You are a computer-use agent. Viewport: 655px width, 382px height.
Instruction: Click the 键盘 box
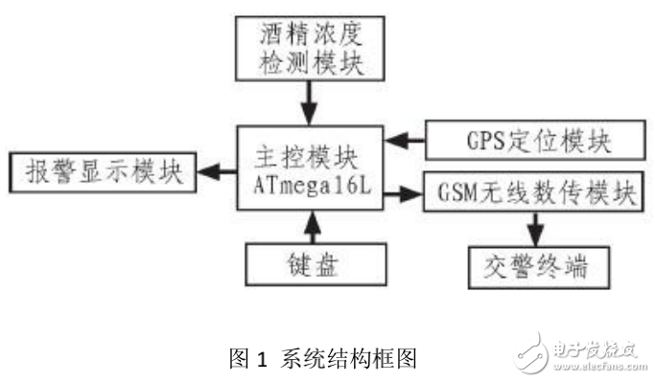coord(315,260)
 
